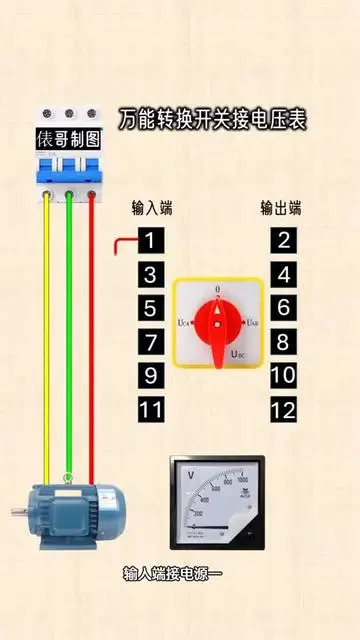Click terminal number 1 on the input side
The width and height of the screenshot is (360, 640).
tap(149, 241)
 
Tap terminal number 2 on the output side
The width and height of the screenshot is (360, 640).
tap(284, 241)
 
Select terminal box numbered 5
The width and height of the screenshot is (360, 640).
tap(149, 308)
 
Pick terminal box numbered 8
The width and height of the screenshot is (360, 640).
tap(284, 342)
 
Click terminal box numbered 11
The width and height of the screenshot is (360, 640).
tap(149, 409)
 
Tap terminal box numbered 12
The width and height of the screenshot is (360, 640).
tap(284, 409)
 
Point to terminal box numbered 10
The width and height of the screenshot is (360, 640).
tap(284, 375)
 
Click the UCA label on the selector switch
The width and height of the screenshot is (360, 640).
tap(184, 323)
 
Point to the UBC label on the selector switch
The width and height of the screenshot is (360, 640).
tap(241, 353)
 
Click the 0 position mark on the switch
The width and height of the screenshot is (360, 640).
tap(218, 291)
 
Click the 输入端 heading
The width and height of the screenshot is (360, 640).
tap(152, 209)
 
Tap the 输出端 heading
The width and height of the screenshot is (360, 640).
tap(281, 209)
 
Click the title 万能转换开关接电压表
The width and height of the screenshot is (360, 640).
tap(212, 118)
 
